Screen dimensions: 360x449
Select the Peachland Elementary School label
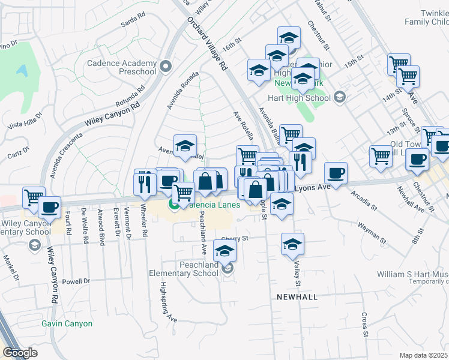[184, 268]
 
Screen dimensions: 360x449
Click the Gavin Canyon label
[67, 323]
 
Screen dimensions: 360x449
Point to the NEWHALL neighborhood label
[297, 297]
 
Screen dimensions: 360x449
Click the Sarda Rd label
[133, 22]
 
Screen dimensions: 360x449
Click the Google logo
[20, 353]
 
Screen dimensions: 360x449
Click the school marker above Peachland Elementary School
[225, 251]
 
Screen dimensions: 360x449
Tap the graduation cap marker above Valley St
[292, 244]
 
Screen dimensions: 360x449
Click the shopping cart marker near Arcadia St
[381, 156]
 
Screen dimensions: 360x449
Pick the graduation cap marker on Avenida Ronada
[185, 145]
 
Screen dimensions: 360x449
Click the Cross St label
[364, 321]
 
